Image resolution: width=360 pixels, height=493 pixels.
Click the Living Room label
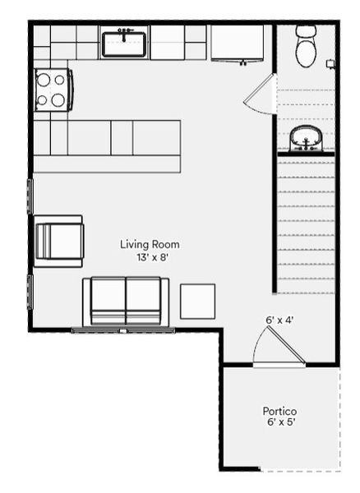coord(150,244)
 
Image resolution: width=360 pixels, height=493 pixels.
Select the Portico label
coord(279,411)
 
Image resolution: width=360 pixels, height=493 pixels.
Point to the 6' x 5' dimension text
coord(279,422)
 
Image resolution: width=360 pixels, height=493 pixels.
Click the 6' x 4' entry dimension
coord(280,320)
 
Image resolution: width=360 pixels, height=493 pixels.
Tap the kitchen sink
coord(124,43)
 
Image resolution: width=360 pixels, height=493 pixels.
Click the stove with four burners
coord(52,90)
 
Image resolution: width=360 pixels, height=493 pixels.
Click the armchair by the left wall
coord(58,241)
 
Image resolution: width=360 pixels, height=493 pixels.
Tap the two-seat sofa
coord(126,302)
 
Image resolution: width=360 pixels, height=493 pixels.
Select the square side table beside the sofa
coord(197,301)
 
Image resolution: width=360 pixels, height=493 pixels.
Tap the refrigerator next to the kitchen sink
coord(238,43)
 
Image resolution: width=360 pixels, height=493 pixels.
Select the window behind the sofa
coord(122,330)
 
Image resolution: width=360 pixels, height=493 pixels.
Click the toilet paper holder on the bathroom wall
coord(330,63)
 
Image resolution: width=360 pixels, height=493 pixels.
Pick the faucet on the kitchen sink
coord(125,32)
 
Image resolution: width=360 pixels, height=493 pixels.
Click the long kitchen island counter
coord(107,146)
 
